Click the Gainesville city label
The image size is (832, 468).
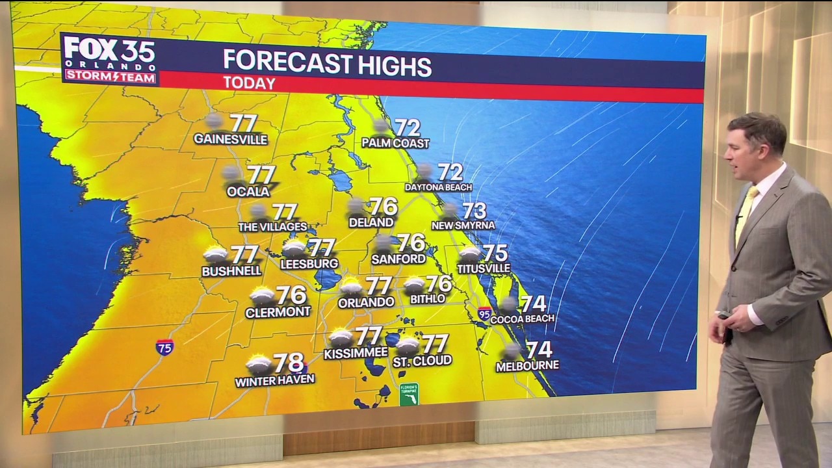click(x=230, y=139)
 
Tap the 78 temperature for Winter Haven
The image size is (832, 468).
click(x=289, y=363)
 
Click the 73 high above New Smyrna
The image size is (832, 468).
click(x=474, y=211)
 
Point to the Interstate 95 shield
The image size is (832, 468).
click(x=484, y=314)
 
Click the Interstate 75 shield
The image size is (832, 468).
click(x=164, y=346)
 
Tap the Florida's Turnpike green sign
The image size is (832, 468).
click(x=409, y=394)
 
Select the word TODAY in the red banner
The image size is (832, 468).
click(x=249, y=83)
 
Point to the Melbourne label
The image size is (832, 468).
click(x=527, y=366)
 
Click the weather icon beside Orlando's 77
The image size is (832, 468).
click(x=351, y=286)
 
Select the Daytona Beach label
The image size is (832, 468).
click(x=438, y=187)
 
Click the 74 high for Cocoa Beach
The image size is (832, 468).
click(x=533, y=304)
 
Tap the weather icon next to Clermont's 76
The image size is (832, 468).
click(x=262, y=296)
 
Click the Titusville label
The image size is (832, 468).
click(x=483, y=268)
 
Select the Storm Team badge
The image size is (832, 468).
click(x=110, y=77)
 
